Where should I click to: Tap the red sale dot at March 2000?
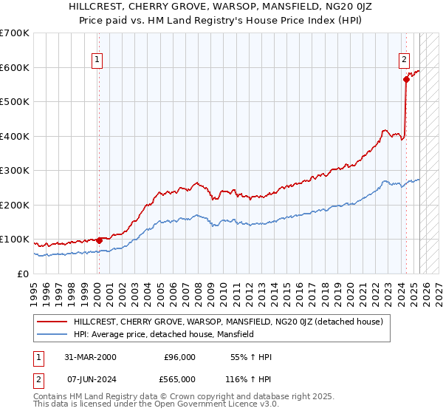99,240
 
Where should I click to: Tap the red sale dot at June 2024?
406,79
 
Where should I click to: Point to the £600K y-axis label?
15,67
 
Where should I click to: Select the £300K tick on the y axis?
15,170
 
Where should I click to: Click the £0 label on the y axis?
24,274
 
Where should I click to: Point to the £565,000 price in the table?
179,379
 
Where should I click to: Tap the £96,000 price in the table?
179,357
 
